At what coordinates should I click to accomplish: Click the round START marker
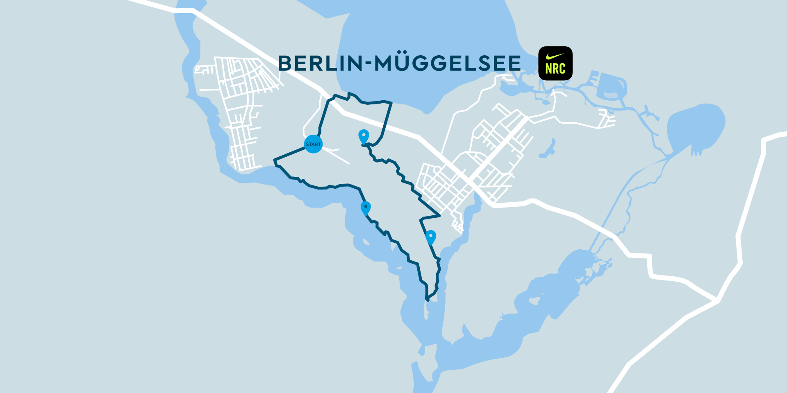pyautogui.click(x=313, y=144)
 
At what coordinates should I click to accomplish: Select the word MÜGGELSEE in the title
pyautogui.click(x=448, y=63)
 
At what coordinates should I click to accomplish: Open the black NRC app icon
pyautogui.click(x=555, y=63)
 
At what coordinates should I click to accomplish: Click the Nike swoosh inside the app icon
pyautogui.click(x=555, y=56)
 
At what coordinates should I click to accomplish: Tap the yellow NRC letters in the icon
pyautogui.click(x=555, y=69)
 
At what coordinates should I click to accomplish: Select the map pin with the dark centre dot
pyautogui.click(x=366, y=207)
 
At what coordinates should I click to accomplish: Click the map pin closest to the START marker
pyautogui.click(x=364, y=136)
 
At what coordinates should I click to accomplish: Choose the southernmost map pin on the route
pyautogui.click(x=430, y=237)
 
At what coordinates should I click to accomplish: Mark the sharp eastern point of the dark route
pyautogui.click(x=439, y=215)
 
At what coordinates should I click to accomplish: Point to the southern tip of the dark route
pyautogui.click(x=428, y=300)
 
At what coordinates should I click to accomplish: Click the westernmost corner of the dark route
pyautogui.click(x=275, y=159)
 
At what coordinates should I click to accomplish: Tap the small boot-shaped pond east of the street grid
pyautogui.click(x=548, y=150)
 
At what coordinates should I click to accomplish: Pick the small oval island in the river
pyautogui.click(x=366, y=242)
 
